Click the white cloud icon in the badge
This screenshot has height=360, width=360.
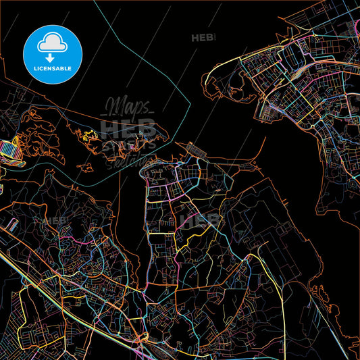pyautogui.click(x=53, y=43)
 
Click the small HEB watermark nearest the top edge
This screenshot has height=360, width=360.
pyautogui.click(x=203, y=38)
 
